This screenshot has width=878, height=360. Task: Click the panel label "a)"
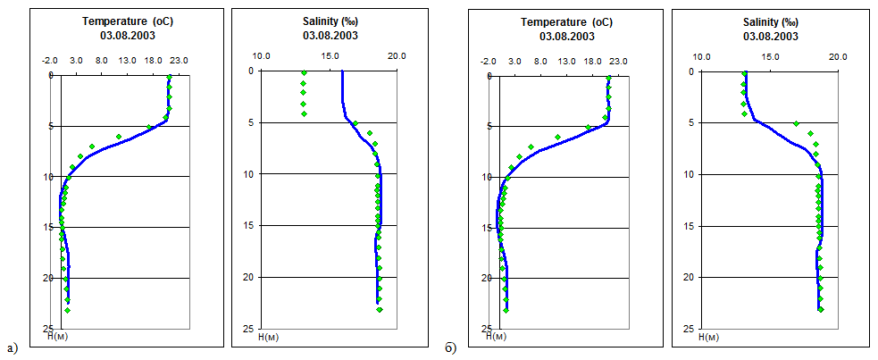pos(11,347)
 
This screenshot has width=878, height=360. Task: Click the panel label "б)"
pos(451,347)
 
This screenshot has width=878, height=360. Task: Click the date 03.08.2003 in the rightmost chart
pos(771,37)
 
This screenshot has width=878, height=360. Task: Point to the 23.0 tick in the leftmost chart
pos(179,61)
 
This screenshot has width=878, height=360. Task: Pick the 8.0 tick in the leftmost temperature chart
pos(102,61)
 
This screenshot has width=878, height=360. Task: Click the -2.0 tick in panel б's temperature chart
pos(488,62)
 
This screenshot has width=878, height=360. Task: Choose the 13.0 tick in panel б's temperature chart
pos(565,62)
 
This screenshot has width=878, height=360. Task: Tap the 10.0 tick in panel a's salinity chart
pos(263,56)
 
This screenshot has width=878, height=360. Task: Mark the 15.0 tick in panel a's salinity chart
pos(330,56)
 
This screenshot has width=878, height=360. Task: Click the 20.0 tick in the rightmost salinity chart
pos(837,56)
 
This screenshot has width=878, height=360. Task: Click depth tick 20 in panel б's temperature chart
pos(486,279)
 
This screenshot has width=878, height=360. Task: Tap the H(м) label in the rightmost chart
pos(709,338)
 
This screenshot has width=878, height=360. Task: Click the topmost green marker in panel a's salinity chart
pos(304,73)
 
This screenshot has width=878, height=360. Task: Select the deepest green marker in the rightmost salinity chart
pos(821,310)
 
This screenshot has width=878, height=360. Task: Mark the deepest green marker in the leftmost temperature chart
pos(67,310)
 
